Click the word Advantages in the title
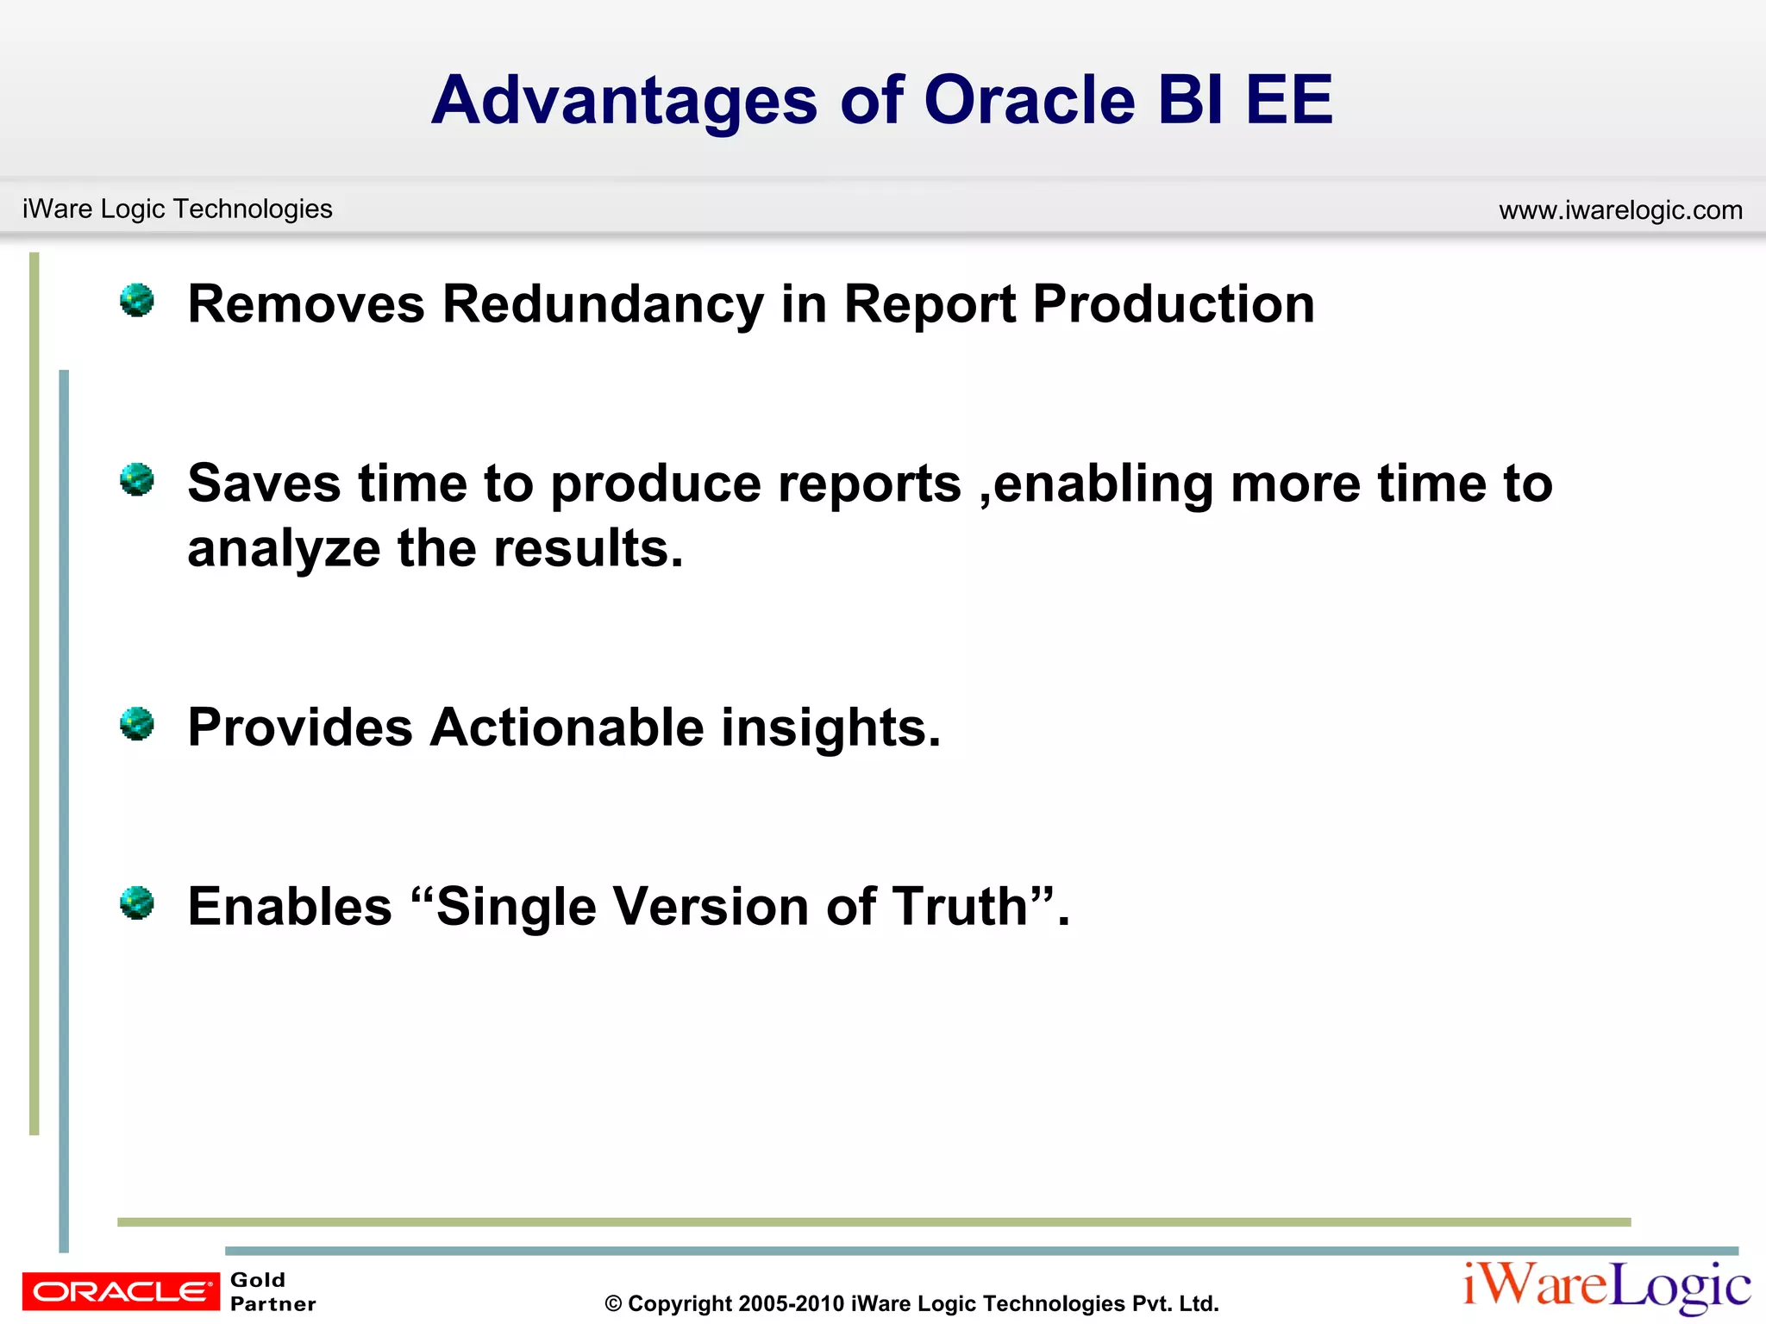623,101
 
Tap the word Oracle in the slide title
1030,101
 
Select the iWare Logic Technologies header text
177,209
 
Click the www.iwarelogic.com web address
1620,210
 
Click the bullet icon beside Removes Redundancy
137,301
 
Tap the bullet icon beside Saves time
137,480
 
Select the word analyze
284,549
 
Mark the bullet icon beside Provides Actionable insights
137,724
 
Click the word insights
830,729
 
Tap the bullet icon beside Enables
137,903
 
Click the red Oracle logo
121,1291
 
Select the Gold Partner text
272,1291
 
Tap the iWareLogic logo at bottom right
1606,1287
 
